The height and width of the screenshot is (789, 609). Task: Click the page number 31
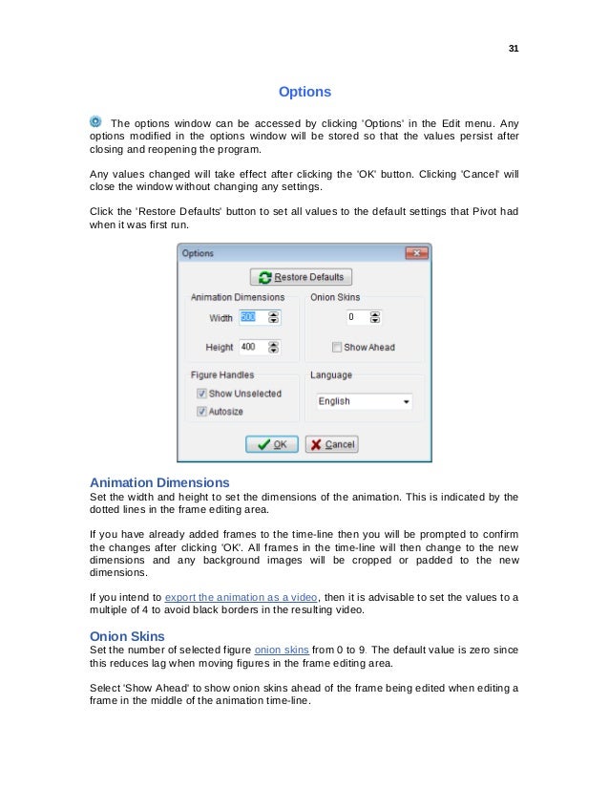[513, 49]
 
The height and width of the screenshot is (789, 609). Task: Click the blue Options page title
[304, 93]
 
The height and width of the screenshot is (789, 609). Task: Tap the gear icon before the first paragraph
[95, 120]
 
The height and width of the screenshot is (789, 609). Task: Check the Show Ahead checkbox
[336, 347]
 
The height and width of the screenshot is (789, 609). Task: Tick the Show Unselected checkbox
[201, 393]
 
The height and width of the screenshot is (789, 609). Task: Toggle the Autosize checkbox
[201, 411]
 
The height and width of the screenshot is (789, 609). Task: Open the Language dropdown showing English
[364, 402]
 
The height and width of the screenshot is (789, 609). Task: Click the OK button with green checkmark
[272, 444]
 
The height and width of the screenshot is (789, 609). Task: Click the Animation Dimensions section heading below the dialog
[158, 481]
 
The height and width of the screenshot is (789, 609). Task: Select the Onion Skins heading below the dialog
[127, 636]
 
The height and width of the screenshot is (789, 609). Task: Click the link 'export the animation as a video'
[244, 598]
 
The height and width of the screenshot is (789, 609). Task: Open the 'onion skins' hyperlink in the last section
[281, 650]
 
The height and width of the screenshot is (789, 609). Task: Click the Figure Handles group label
[221, 375]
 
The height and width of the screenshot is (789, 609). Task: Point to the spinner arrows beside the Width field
[275, 317]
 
